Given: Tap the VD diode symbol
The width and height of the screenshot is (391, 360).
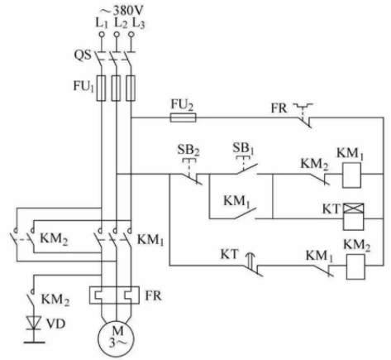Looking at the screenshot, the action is [x=34, y=323].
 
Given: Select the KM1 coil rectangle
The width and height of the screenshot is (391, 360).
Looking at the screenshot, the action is [x=351, y=175].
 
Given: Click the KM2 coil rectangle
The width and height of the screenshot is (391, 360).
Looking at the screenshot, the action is [x=355, y=266].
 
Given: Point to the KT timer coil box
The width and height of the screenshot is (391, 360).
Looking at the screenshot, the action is [x=354, y=217].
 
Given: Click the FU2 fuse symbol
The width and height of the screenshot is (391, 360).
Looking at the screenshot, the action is [x=184, y=118].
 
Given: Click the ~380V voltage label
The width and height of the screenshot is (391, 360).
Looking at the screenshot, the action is [x=122, y=11].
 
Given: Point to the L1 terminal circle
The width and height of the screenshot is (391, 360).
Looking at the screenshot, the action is [x=102, y=34].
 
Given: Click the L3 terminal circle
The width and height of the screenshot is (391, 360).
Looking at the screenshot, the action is [x=131, y=34].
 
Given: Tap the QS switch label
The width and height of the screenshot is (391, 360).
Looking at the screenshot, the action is [x=82, y=55].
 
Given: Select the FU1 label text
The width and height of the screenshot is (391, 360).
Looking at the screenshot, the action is [x=83, y=86].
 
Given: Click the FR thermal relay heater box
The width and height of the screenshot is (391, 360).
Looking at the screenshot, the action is [x=114, y=295].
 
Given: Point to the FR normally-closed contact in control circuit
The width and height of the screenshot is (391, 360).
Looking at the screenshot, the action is [x=303, y=116].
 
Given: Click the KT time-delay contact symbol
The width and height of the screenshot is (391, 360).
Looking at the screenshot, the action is [x=253, y=264].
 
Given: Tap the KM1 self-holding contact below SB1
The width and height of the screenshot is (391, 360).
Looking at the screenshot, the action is [x=246, y=214].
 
